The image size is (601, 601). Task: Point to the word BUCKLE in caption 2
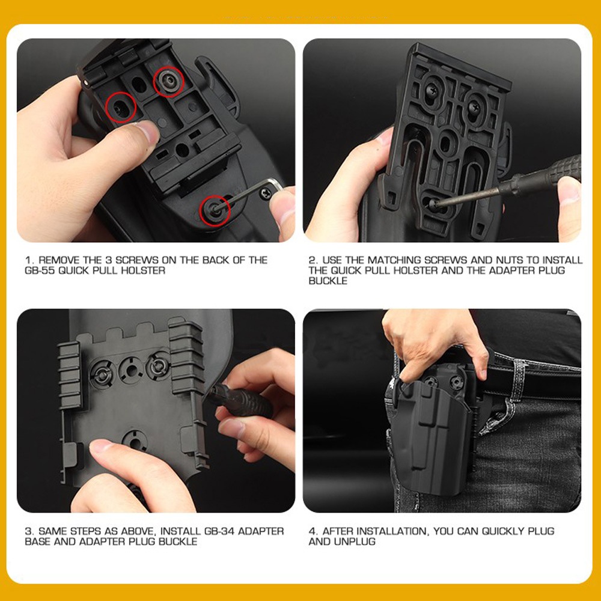tap(328, 281)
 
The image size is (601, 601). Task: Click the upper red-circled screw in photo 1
tap(169, 81)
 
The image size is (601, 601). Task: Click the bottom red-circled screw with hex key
tap(215, 210)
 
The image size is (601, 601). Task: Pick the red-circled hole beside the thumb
tap(120, 108)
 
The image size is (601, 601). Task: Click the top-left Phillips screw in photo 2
tap(432, 91)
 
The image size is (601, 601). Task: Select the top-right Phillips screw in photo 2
tap(474, 106)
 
